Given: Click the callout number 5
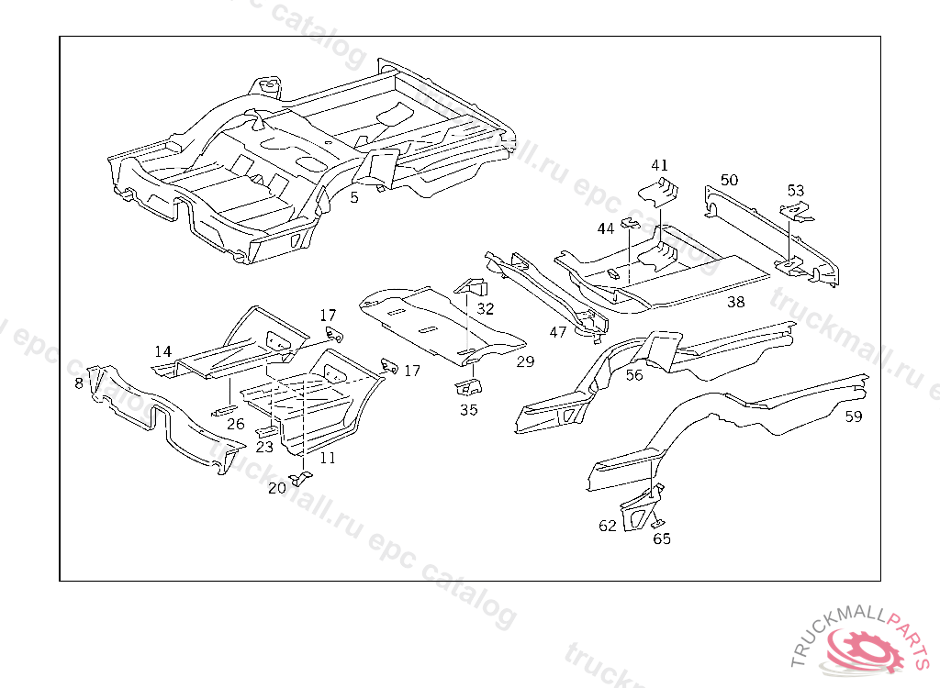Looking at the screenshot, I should tap(354, 195).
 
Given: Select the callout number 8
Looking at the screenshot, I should tap(79, 383).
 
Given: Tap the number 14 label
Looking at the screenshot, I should tap(162, 351).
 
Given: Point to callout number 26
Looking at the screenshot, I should tap(236, 424).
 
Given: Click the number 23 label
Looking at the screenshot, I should tap(264, 448).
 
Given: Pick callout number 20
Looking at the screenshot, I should tap(276, 488).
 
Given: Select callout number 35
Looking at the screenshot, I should tap(468, 409).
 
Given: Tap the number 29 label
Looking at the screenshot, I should tap(524, 361).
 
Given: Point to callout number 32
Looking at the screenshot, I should tap(485, 308).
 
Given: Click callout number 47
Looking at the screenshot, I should tap(558, 332).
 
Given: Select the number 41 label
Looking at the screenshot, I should tap(660, 165).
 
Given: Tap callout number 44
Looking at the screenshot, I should tap(606, 227).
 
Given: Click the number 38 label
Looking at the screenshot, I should tap(735, 301).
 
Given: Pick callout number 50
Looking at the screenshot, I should tap(729, 180).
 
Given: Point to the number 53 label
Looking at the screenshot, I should tap(795, 191).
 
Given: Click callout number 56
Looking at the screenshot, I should tap(634, 374).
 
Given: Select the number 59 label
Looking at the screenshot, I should tap(854, 416).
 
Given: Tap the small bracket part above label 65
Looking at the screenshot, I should tap(657, 523).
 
